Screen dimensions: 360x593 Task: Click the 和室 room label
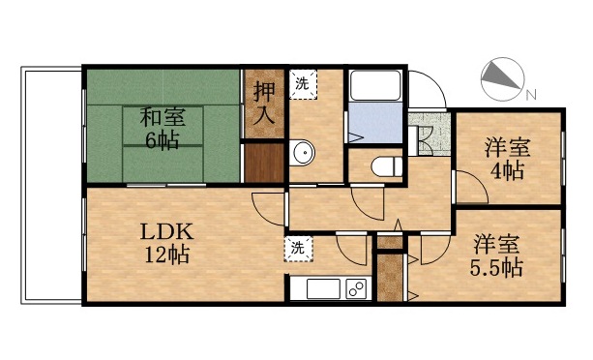[x=162, y=118]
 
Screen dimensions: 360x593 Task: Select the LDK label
[x=168, y=232]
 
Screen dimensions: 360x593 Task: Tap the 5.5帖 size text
[x=497, y=267]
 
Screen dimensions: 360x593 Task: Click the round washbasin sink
[x=302, y=152]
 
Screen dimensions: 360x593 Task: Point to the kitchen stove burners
[x=354, y=288]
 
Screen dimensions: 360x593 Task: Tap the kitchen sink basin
[x=320, y=288]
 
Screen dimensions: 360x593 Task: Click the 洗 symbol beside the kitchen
[x=298, y=248]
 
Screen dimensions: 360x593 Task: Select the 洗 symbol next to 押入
[x=302, y=83]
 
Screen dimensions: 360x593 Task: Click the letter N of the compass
[x=531, y=94]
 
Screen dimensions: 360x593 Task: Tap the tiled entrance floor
[x=425, y=135]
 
